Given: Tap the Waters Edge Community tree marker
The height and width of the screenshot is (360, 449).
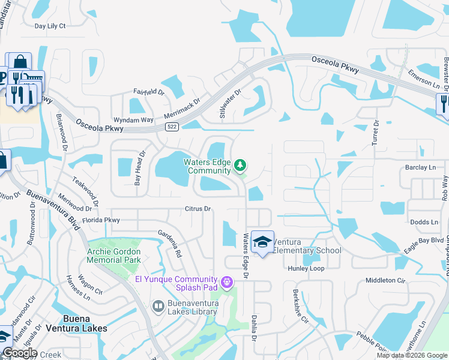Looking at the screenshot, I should click(x=240, y=164).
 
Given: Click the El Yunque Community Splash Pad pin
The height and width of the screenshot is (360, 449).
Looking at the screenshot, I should click(x=226, y=280).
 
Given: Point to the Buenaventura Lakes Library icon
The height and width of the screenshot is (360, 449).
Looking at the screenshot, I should click(x=158, y=307).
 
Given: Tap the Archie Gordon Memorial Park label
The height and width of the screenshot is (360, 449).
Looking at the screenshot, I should click(x=114, y=256).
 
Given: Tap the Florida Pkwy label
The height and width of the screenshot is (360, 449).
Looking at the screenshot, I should click(x=104, y=220).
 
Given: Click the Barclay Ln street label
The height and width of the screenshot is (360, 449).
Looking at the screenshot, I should click(x=420, y=168).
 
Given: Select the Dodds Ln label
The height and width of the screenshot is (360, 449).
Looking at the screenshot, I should click(x=425, y=222).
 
